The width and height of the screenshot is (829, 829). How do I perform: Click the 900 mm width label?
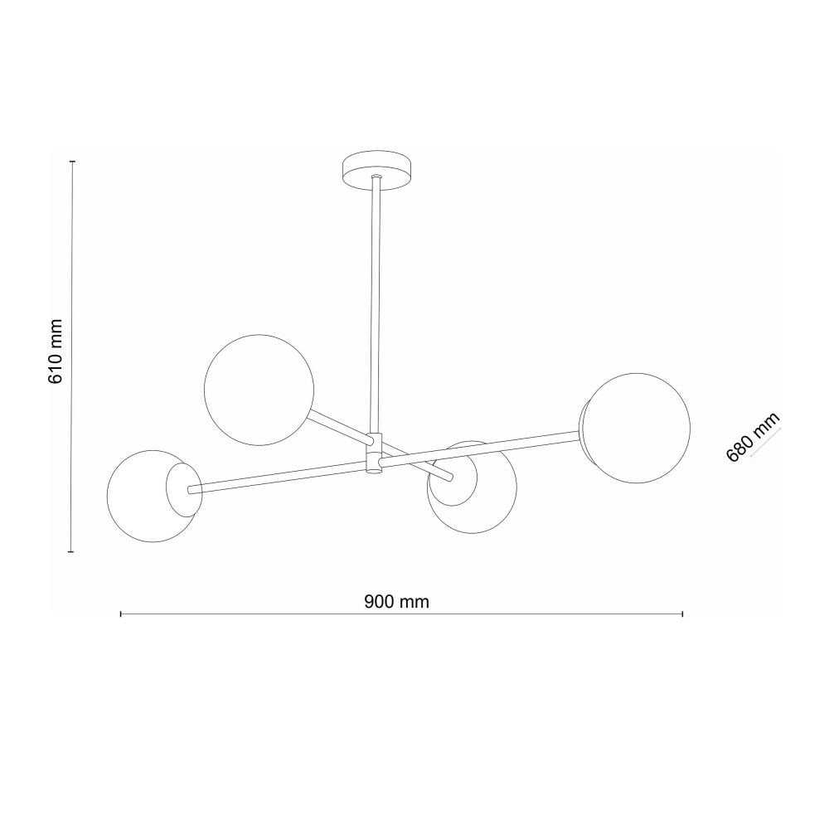(x=396, y=601)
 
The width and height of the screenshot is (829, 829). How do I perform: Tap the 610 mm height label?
(x=56, y=351)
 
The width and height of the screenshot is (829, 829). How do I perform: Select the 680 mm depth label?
(x=754, y=437)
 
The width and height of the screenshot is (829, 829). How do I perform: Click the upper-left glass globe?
(x=259, y=390)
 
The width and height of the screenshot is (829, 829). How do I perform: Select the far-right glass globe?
(x=638, y=429)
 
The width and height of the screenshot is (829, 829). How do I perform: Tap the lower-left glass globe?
(x=153, y=496)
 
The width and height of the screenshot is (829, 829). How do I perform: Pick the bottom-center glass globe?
(x=473, y=487)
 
